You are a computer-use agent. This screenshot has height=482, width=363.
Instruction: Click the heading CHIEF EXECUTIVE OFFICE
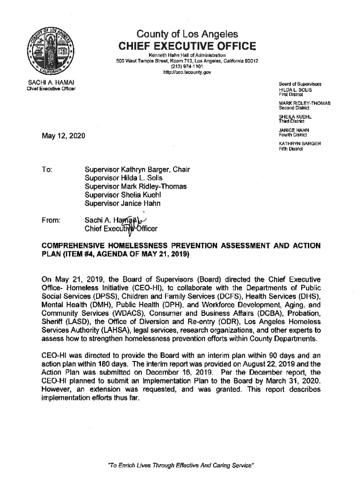click(x=187, y=46)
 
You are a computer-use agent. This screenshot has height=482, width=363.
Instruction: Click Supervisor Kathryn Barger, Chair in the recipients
click(x=137, y=169)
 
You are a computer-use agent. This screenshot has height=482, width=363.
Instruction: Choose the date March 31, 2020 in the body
click(x=293, y=379)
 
